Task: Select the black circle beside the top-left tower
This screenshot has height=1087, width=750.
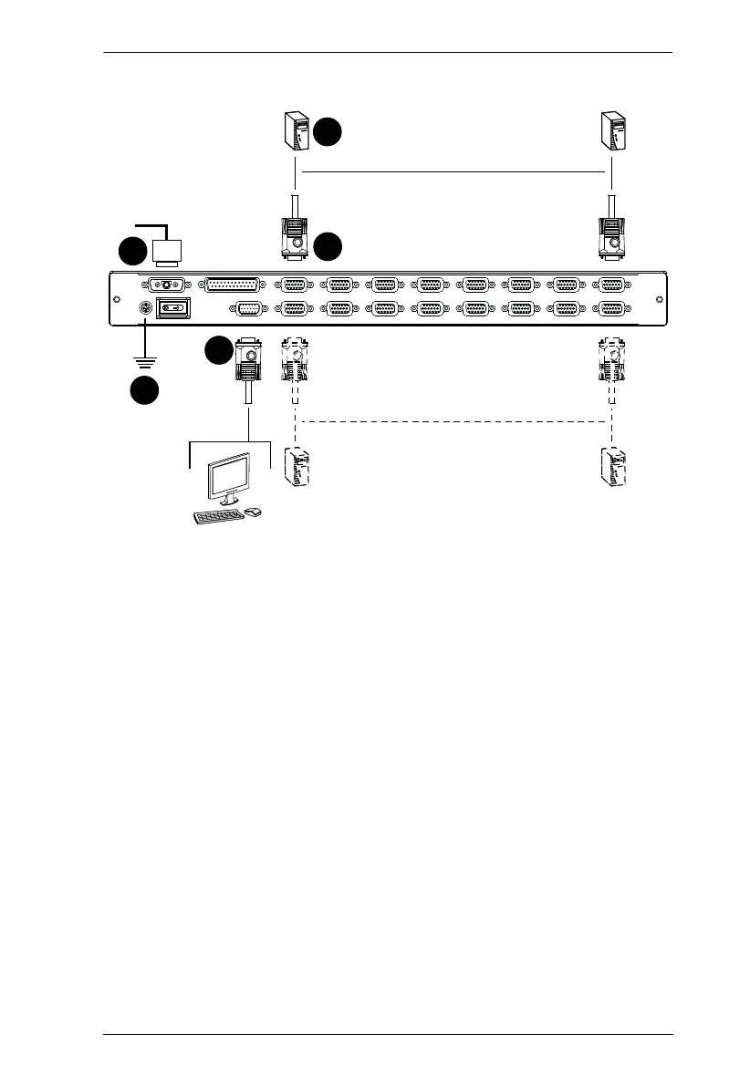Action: point(328,132)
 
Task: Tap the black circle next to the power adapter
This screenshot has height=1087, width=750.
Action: point(132,253)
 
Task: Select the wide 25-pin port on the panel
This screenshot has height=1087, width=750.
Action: point(232,285)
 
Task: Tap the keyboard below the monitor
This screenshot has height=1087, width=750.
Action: point(218,516)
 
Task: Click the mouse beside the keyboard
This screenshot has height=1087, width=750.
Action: point(253,512)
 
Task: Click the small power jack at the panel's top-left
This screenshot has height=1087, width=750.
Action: point(167,285)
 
